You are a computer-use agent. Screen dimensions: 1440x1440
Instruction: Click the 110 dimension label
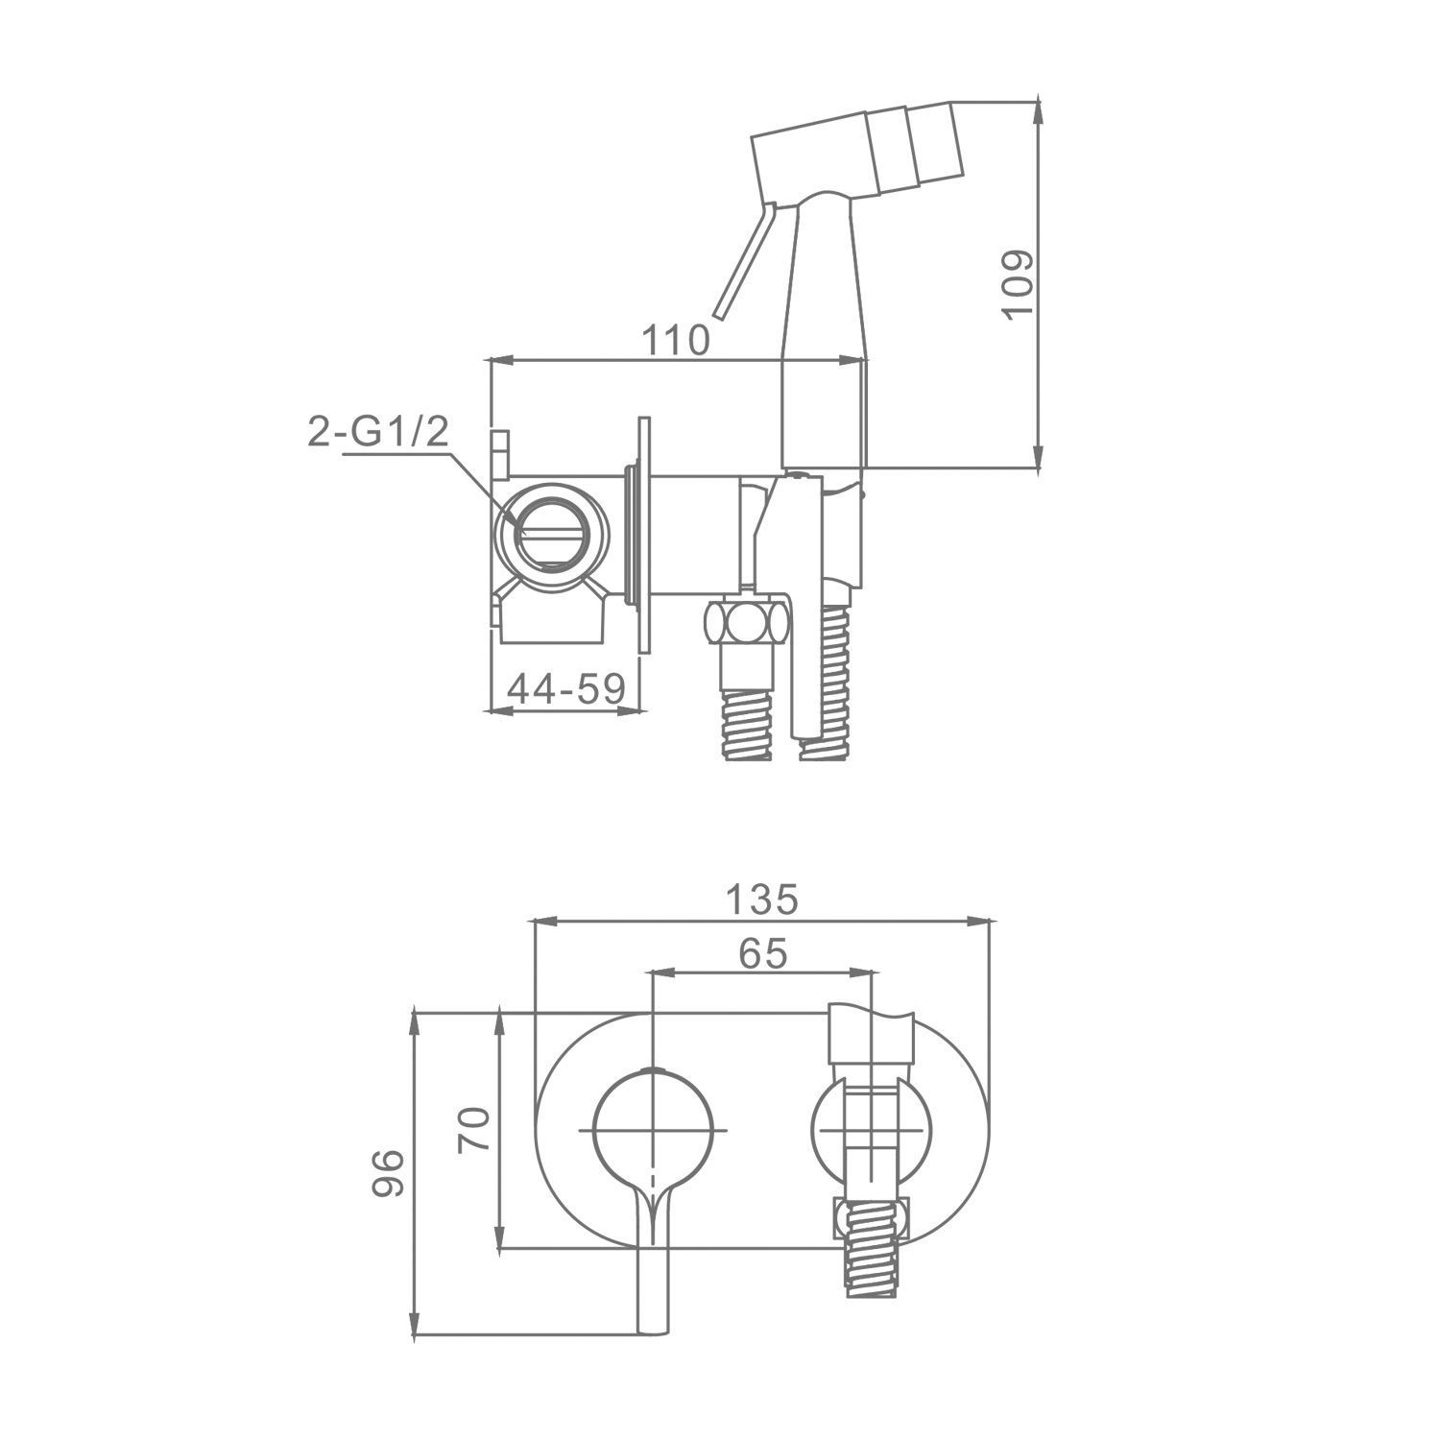point(676,340)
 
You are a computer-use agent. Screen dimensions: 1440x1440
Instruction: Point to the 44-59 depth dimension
point(566,687)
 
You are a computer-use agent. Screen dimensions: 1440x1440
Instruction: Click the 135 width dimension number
point(761,900)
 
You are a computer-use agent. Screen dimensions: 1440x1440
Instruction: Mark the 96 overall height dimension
point(388,1172)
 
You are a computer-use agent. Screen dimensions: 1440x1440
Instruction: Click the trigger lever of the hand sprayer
point(742,259)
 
